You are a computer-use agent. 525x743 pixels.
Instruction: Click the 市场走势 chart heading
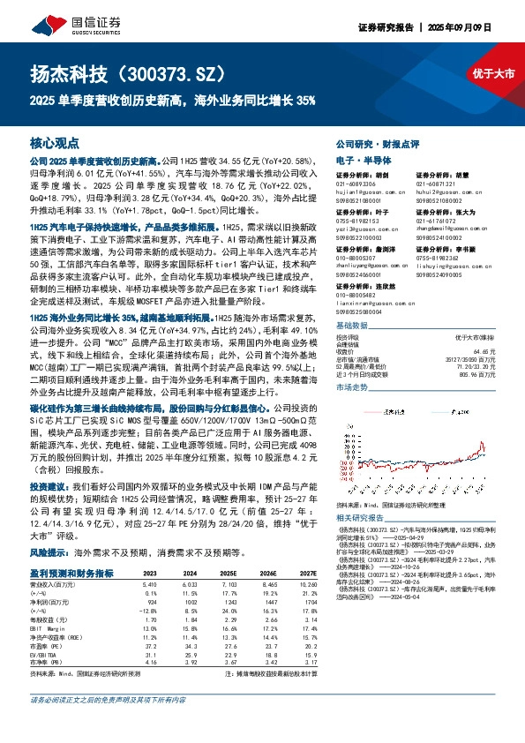coord(353,363)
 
